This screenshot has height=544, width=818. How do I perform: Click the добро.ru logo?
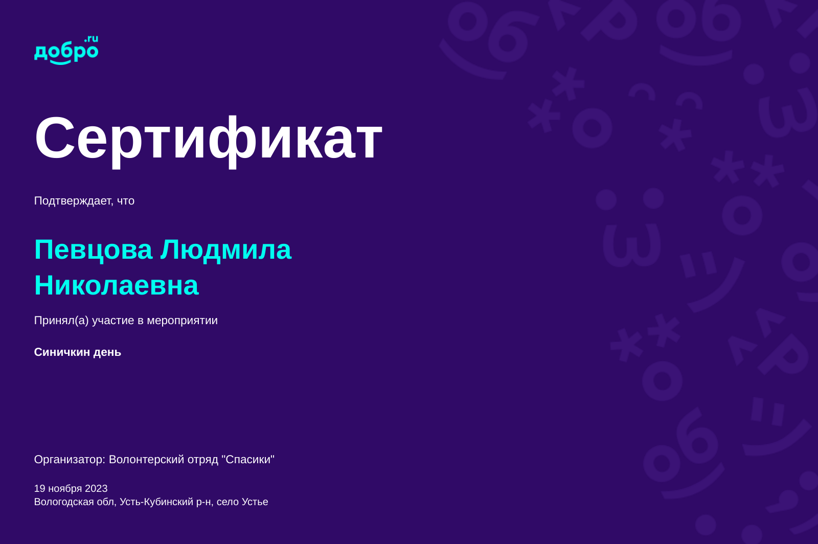66,50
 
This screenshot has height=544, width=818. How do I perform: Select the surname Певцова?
93,250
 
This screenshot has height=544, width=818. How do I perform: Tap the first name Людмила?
226,250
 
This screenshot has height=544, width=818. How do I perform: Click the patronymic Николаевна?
117,285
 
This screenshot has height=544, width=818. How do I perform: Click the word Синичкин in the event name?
62,352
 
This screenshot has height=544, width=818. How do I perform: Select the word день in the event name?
107,352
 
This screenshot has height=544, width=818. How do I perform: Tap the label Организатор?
70,460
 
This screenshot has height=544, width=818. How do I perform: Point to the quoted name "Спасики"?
248,459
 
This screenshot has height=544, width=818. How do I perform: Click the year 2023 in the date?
96,488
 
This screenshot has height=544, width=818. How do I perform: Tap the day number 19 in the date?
39,488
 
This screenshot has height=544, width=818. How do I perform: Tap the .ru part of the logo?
92,39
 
